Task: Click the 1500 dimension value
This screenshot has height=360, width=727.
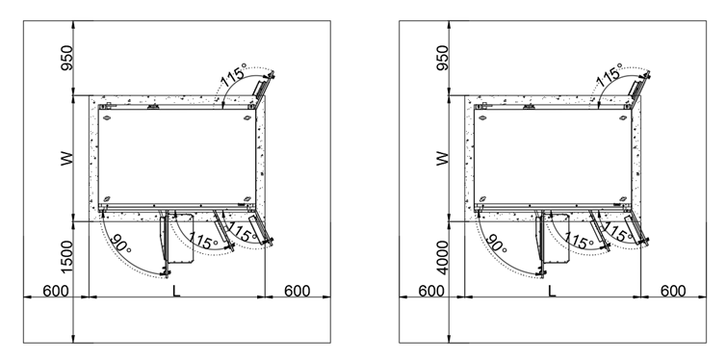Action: click(67, 257)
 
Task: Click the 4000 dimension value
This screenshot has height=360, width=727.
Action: click(443, 257)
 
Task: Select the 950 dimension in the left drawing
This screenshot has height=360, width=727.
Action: click(67, 58)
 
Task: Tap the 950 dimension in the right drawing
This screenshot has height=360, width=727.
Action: click(443, 58)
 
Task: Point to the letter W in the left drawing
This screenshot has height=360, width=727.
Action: click(67, 159)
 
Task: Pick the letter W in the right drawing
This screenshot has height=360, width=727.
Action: click(443, 159)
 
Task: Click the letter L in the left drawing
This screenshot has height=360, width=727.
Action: click(175, 291)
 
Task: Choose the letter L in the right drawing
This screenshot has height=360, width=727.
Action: click(552, 291)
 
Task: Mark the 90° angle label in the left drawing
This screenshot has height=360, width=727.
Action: click(120, 243)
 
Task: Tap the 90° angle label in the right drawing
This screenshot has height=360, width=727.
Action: click(496, 243)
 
